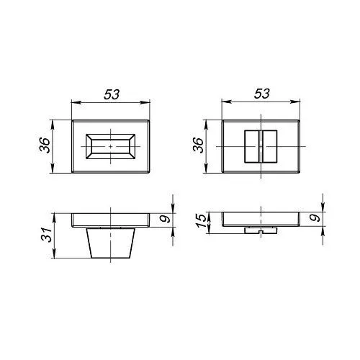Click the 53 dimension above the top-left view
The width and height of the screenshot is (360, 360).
click(112, 94)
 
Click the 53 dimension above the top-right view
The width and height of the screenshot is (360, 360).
click(262, 94)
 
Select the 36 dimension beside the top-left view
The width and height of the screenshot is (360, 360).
click(45, 145)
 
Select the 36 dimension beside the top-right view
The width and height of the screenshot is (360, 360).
click(199, 145)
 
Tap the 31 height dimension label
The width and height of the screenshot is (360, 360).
click(47, 235)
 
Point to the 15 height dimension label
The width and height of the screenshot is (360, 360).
click(201, 220)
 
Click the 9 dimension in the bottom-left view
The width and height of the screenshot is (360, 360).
click(165, 219)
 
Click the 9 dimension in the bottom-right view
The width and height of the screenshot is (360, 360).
click(315, 218)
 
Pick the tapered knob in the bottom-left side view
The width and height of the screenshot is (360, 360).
click(111, 243)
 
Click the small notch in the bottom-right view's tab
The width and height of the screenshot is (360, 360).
click(261, 233)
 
